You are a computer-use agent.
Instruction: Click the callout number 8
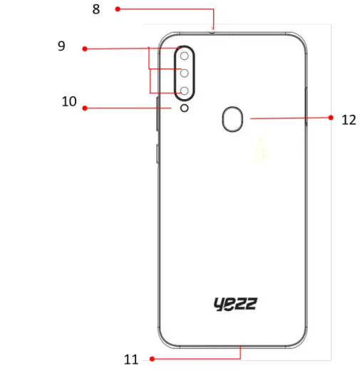[96, 10]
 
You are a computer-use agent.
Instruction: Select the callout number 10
[69, 102]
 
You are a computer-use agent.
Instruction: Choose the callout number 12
[349, 120]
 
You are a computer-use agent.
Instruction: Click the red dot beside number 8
[118, 9]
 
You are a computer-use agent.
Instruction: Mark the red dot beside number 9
[84, 49]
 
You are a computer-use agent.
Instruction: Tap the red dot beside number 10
[84, 108]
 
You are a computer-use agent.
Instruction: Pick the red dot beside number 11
[151, 358]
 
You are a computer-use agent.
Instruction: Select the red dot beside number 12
[331, 118]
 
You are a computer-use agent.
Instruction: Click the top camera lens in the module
[184, 55]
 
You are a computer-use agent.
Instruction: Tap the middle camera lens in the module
[184, 73]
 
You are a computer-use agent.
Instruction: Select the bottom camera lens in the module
[184, 91]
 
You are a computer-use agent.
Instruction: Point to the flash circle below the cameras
[184, 108]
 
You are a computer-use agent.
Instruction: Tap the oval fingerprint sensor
[232, 119]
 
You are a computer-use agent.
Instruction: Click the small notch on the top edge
[213, 31]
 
